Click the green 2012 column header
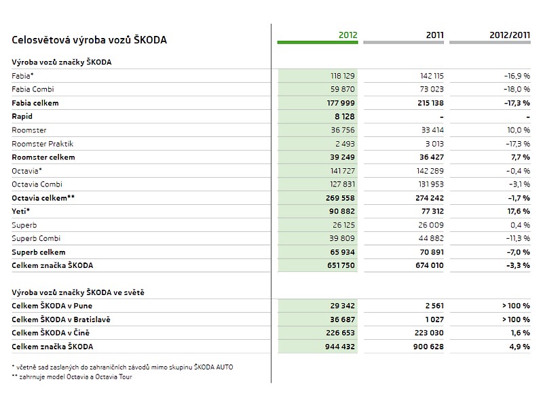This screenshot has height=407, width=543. click(x=348, y=35)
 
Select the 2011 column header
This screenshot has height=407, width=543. click(x=434, y=35)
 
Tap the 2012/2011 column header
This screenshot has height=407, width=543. click(x=510, y=35)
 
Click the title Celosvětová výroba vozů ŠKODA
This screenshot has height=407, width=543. click(x=89, y=40)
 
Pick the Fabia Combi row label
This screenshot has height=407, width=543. click(x=33, y=90)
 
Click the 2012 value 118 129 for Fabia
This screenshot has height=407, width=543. click(x=343, y=76)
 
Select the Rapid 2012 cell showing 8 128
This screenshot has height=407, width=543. click(x=345, y=117)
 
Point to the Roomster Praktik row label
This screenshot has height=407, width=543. click(x=43, y=144)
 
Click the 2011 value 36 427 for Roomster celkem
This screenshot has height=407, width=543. click(x=432, y=157)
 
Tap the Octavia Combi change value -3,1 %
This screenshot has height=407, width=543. click(x=519, y=184)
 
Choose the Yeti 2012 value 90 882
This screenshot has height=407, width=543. click(x=342, y=211)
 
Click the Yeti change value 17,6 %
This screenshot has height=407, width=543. click(x=519, y=211)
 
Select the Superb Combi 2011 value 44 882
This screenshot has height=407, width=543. click(x=431, y=238)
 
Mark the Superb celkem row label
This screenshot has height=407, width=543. click(x=39, y=252)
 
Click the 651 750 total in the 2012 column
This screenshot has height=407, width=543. click(x=341, y=265)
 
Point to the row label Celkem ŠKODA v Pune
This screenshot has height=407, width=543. click(x=52, y=306)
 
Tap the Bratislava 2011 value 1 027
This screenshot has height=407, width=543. click(x=434, y=319)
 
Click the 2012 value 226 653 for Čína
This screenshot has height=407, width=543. click(x=340, y=333)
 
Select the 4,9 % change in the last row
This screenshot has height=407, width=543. click(x=519, y=347)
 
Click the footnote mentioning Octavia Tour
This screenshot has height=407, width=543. click(x=72, y=377)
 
